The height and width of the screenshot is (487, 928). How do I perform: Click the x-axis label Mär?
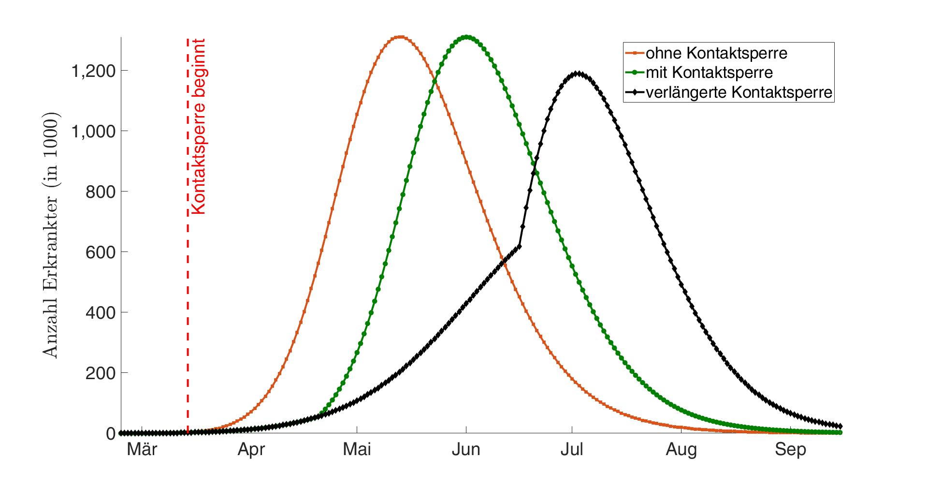pyautogui.click(x=142, y=450)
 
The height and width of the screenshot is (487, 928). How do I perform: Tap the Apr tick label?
pyautogui.click(x=251, y=450)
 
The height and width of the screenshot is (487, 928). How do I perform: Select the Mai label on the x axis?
pyautogui.click(x=357, y=450)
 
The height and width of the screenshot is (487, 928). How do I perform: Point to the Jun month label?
pyautogui.click(x=466, y=450)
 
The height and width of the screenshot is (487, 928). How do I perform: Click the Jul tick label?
pyautogui.click(x=572, y=450)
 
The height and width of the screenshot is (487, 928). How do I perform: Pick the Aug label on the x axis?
pyautogui.click(x=681, y=450)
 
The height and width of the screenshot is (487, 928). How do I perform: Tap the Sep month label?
pyautogui.click(x=791, y=450)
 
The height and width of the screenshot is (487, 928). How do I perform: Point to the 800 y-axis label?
pyautogui.click(x=100, y=192)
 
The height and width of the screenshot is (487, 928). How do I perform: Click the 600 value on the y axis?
pyautogui.click(x=100, y=252)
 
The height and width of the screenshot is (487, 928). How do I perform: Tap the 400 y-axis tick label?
pyautogui.click(x=100, y=312)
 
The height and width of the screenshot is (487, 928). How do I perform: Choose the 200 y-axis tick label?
pyautogui.click(x=100, y=373)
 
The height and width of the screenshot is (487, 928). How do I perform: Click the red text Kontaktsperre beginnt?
pyautogui.click(x=199, y=127)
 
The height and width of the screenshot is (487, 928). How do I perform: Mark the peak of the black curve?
pyautogui.click(x=576, y=74)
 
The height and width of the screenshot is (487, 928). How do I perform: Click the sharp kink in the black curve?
pyautogui.click(x=520, y=246)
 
